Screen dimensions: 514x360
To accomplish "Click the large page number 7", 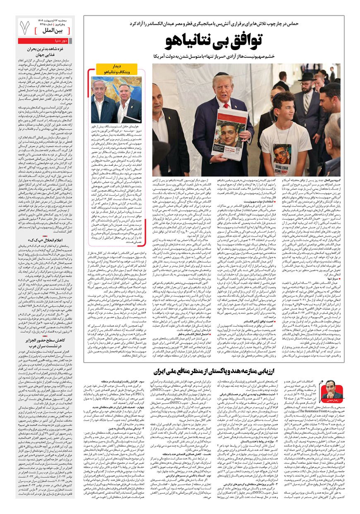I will coord(25,28).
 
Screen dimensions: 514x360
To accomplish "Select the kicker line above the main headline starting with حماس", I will coord(216,24).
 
